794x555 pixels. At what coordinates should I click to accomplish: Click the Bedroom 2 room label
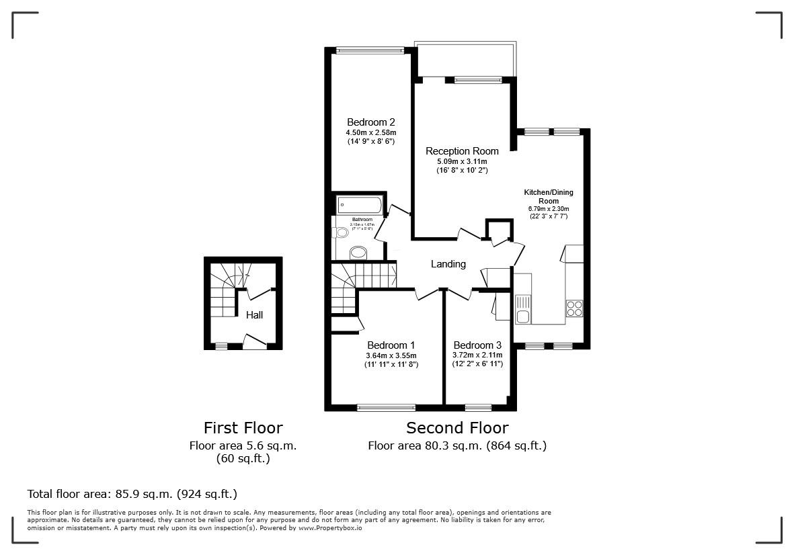coord(370,122)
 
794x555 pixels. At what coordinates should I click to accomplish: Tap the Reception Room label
coord(462,151)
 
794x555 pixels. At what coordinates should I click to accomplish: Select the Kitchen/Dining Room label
coord(549,196)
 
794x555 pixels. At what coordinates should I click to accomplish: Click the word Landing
coord(448,264)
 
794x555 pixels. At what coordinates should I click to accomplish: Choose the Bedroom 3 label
coord(477,345)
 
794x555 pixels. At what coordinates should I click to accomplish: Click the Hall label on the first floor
coord(254,314)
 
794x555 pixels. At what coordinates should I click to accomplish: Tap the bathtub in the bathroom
coord(360,204)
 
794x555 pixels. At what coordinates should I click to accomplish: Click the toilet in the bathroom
coord(341,232)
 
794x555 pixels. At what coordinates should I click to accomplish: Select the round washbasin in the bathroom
coord(358,253)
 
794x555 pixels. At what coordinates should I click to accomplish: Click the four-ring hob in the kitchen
coord(574,308)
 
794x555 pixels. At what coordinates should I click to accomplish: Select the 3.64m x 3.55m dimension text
coord(391,355)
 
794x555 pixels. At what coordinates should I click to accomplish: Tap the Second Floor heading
coord(457,428)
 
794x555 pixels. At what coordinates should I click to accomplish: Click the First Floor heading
coord(243,428)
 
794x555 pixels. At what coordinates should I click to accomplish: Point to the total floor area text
coord(132,494)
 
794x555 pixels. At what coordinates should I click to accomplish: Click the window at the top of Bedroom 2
coord(370,50)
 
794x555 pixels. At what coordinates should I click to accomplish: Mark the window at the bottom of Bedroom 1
coord(386,407)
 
